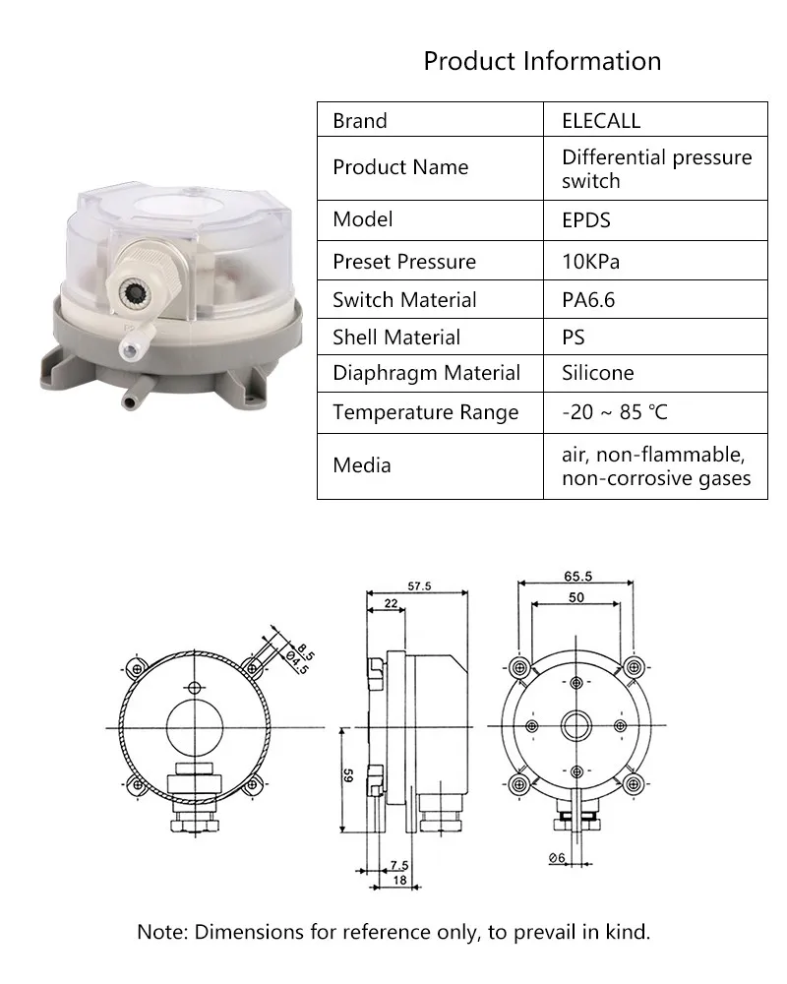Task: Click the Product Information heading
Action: (542, 61)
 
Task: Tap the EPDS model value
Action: (585, 220)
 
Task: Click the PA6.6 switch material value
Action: (588, 300)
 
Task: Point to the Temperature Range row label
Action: (426, 412)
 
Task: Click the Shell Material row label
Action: (396, 337)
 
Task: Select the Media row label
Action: (361, 465)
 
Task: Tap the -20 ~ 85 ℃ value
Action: (615, 412)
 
